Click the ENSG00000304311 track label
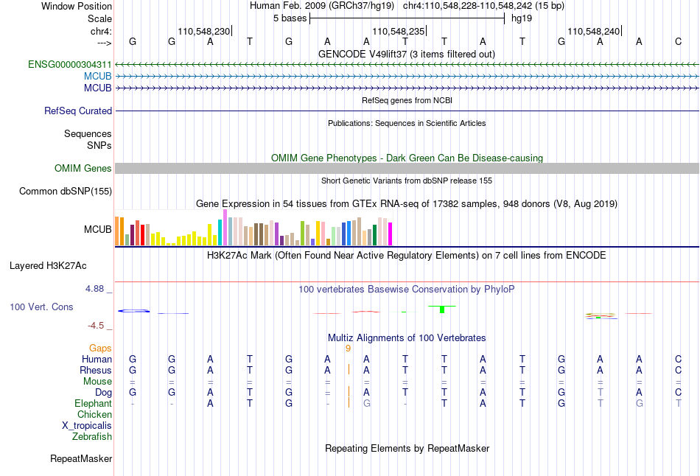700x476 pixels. point(70,65)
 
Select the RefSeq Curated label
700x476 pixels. point(78,111)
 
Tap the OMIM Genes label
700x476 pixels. point(83,169)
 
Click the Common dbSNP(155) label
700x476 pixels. point(66,192)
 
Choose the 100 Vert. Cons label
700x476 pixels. point(41,307)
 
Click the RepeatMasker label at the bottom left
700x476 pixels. point(81,459)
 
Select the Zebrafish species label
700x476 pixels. point(92,437)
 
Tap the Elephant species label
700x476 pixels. point(93,404)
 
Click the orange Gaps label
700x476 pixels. point(100,348)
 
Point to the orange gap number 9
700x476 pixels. point(348,348)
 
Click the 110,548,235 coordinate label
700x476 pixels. point(399,32)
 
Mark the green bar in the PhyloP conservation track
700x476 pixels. point(441,309)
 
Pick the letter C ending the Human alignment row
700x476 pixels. point(678,359)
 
